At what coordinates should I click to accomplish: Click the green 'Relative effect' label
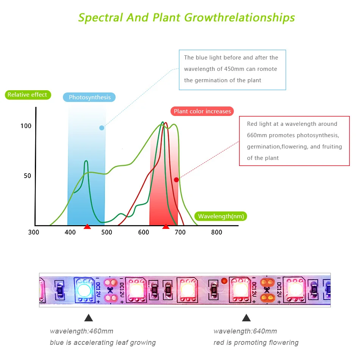coord(27,95)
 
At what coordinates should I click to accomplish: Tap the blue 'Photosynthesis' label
coord(89,97)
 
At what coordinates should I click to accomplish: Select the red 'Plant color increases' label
coord(202,111)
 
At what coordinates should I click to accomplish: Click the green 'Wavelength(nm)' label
coord(221,216)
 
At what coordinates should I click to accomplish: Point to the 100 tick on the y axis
coord(26,126)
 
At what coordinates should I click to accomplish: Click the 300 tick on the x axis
coord(33,232)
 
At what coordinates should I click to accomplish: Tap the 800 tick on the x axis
coord(216,232)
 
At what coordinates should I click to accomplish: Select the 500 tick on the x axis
coord(106,232)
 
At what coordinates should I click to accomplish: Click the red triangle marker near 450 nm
coord(87,227)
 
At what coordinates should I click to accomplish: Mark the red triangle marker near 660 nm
coord(166,227)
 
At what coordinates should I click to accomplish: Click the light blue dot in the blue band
coord(102,128)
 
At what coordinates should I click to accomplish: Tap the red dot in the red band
coord(176,180)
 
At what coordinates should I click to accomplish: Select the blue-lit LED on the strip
coord(84,290)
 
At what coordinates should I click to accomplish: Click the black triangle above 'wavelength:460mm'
coord(88,318)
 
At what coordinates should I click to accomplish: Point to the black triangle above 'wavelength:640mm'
coord(246,318)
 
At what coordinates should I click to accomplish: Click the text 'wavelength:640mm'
coord(245,331)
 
